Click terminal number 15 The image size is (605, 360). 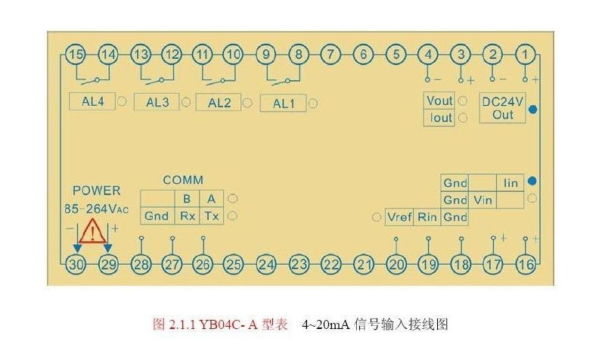pos(75,54)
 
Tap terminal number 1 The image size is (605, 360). pos(526,54)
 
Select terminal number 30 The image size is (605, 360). pos(76,264)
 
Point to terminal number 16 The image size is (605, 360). pos(526,264)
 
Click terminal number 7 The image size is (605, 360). pos(330,54)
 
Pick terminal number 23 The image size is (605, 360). pos(299,264)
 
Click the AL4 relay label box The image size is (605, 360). pos(92,101)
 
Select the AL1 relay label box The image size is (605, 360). pos(283,103)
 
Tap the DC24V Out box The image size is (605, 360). pos(503,107)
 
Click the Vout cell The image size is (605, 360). pos(439,101)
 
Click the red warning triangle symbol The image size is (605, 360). pos(92,231)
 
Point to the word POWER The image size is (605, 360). pos(96,191)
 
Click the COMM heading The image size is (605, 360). pos(183,180)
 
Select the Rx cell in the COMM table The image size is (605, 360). pos(187,216)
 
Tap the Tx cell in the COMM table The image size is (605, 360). pos(212,216)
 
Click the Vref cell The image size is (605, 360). pos(400,217)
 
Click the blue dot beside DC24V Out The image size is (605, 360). pos(533,109)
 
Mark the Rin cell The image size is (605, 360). pos(428,217)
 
